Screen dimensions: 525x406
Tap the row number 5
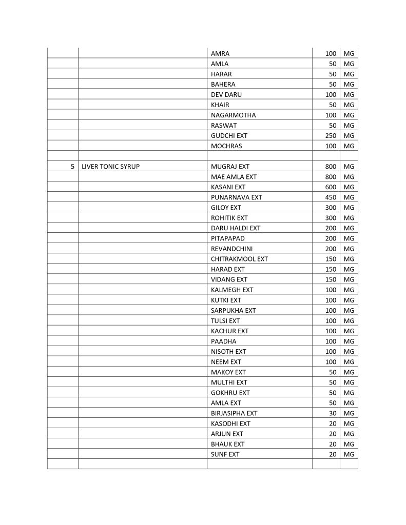[73, 167]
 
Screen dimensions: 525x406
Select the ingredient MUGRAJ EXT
[230, 167]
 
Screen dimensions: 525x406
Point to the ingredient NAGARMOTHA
[233, 115]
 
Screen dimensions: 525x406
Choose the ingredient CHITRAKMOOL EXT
[239, 259]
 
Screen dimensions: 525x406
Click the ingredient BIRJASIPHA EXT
[234, 413]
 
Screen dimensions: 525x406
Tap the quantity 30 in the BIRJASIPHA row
[332, 413]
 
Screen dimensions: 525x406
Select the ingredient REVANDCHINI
[231, 249]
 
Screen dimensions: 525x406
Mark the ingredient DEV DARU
[226, 94]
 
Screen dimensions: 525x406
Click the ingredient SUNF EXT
[225, 454]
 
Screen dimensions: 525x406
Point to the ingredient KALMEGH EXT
[232, 290]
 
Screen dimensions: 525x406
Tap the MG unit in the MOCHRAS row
[349, 146]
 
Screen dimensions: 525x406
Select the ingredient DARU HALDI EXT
[236, 228]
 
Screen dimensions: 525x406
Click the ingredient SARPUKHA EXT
[233, 310]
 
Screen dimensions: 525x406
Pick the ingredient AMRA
[220, 53]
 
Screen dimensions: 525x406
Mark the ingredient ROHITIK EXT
[229, 218]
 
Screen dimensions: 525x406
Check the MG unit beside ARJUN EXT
[349, 434]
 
